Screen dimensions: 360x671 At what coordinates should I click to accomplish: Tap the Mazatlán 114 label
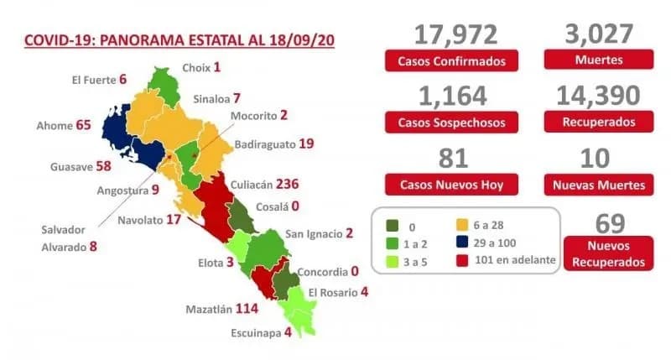point(223,309)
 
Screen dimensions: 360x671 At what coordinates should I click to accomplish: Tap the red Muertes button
point(599,60)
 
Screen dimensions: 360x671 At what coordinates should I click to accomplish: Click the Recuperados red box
point(599,123)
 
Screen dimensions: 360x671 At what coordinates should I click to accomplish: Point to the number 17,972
point(455,34)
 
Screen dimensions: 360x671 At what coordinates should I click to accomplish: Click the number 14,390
point(599,96)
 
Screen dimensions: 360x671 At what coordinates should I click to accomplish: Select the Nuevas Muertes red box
point(599,185)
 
